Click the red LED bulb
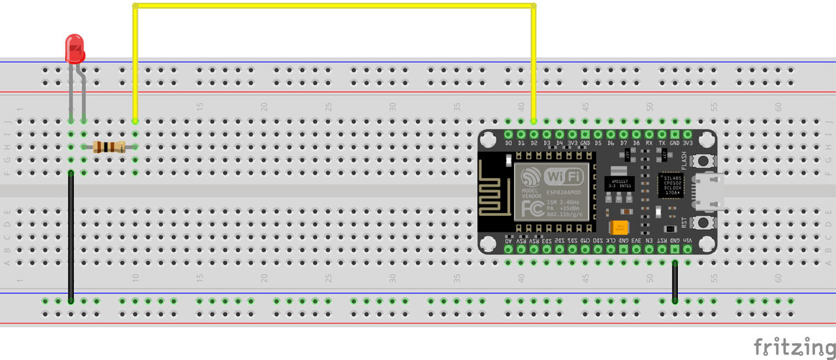75,48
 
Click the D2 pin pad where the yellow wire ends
534,134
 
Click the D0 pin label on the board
509,143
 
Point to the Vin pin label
688,240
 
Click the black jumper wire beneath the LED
70,237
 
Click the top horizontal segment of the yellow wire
334,7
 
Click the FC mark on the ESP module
532,209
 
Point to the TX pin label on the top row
662,143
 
